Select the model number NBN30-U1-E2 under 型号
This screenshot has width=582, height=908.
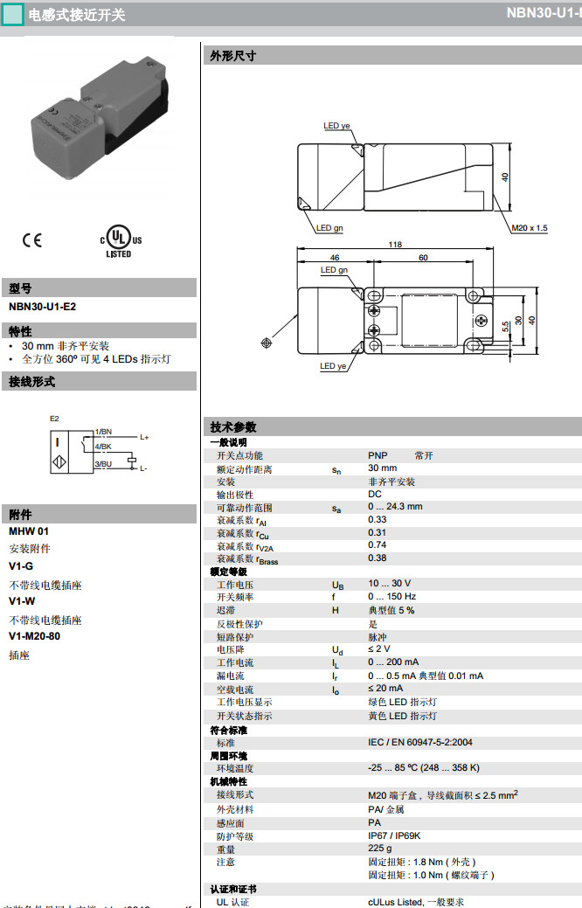tap(42, 307)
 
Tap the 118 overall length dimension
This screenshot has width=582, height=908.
tap(395, 246)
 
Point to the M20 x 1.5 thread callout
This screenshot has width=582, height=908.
tap(530, 228)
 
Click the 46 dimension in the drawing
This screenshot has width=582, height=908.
tap(333, 258)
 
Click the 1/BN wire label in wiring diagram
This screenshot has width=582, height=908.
tap(103, 432)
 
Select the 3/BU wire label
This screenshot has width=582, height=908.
tap(103, 464)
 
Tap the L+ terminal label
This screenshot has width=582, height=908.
tap(144, 436)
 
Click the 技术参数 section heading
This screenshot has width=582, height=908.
tap(233, 427)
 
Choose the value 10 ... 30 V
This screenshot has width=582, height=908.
tap(389, 584)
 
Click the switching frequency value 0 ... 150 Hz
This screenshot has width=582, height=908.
tap(391, 597)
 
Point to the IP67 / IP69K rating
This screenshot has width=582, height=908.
tap(395, 836)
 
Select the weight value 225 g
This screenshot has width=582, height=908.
tap(379, 849)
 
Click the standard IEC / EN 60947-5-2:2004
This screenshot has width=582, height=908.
tap(419, 743)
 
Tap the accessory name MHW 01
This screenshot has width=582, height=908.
tap(29, 531)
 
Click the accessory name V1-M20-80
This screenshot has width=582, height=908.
tap(34, 636)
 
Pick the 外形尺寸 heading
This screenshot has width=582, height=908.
tap(233, 56)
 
